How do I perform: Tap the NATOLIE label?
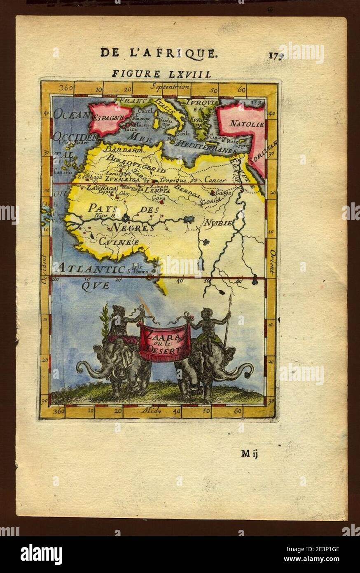point(241,123)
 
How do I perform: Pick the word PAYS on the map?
point(103,207)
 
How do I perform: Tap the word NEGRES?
point(133,227)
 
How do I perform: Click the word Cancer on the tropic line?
point(215,181)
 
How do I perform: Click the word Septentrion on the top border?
point(170,87)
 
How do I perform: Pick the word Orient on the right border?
point(272,262)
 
